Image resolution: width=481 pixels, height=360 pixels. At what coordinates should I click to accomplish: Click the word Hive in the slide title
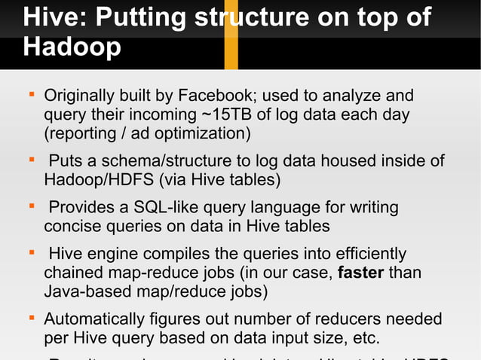[51, 18]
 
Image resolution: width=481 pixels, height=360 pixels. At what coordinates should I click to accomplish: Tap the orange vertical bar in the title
[231, 35]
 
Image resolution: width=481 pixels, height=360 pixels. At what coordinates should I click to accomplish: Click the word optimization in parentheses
[203, 134]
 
